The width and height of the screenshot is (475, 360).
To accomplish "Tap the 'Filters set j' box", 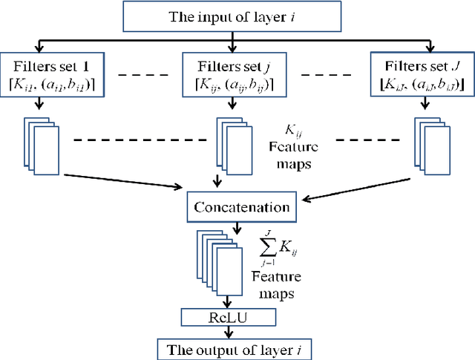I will point(226,75).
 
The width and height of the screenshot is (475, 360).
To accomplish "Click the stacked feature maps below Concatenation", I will point(218,264).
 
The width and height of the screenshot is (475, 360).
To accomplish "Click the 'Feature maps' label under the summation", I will point(276,285).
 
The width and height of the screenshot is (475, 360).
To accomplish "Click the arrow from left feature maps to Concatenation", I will point(122,180).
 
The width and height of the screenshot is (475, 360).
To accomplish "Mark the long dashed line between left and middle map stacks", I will point(133,140).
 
